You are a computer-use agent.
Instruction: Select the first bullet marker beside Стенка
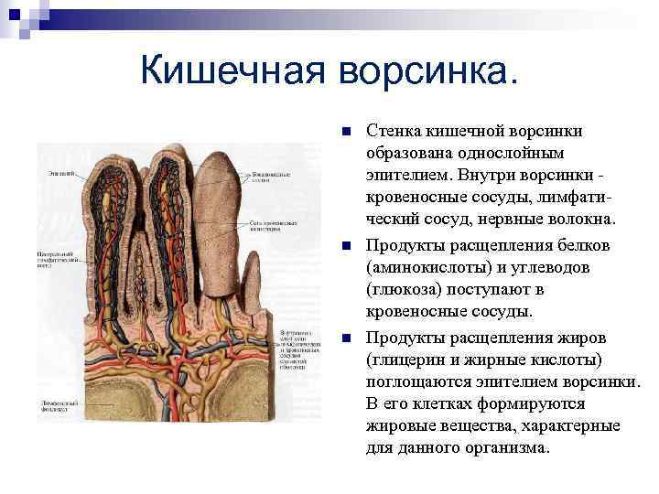tap(345, 132)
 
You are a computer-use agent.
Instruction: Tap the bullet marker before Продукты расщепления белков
tap(345, 246)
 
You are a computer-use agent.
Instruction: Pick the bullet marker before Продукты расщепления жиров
tap(345, 338)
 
